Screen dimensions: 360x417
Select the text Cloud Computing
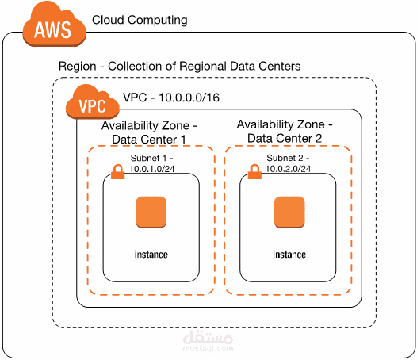click(140, 19)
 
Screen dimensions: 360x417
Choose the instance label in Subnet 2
click(289, 255)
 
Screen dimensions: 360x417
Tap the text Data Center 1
click(149, 140)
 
